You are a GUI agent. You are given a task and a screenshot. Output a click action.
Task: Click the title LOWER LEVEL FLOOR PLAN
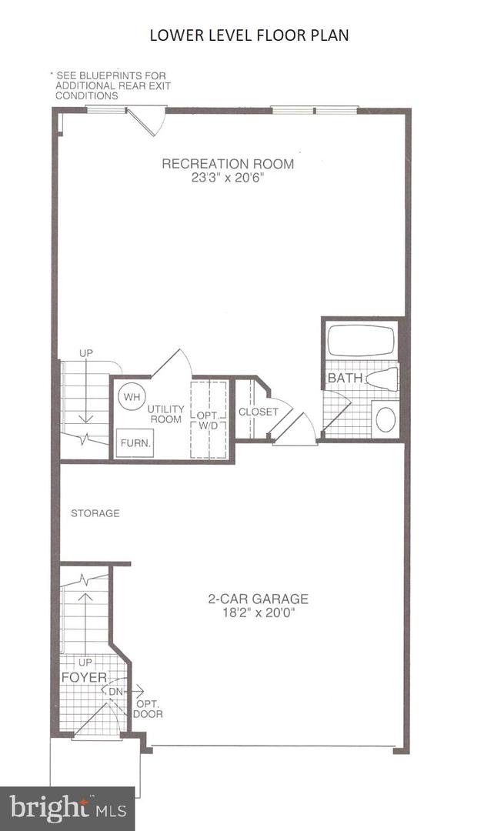pos(249,35)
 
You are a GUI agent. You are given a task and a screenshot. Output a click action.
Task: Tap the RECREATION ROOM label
pos(227,164)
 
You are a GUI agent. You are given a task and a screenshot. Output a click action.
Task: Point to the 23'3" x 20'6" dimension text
pos(227,176)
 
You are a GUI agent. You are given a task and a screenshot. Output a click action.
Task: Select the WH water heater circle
pos(131,397)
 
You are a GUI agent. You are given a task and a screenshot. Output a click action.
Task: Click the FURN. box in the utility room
pos(135,443)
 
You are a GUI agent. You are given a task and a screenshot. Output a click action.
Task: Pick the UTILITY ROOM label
pos(165,414)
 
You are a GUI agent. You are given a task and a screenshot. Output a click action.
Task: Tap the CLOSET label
pos(258,412)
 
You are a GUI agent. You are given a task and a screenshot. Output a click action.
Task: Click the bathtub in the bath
pos(361,341)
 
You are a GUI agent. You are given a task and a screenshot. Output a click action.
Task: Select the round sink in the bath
pos(385,419)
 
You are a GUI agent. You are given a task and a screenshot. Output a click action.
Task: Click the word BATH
pos(345,379)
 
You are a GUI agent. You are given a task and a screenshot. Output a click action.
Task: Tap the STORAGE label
pos(95,513)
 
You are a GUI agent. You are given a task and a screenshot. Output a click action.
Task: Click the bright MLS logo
pos(67,808)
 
